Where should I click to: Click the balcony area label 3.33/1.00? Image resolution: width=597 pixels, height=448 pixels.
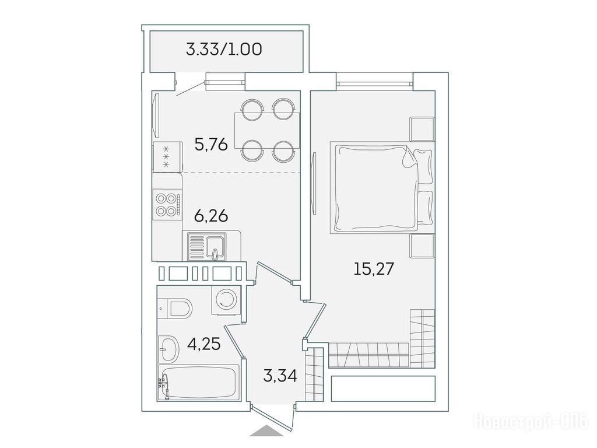click(x=224, y=49)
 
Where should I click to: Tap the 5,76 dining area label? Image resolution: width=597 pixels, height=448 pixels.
click(x=211, y=145)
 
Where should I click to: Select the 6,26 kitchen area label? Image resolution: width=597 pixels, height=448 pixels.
click(x=211, y=216)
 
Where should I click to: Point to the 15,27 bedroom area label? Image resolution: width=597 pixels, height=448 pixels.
click(x=374, y=269)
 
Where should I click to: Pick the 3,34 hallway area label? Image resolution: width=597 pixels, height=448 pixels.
click(x=280, y=376)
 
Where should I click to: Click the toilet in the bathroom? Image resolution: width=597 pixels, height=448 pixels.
click(x=177, y=308)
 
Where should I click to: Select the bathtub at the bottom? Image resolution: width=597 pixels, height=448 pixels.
click(x=199, y=382)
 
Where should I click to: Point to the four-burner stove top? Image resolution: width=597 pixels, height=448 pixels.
click(x=167, y=205)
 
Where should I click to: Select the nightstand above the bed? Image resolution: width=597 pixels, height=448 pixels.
click(x=422, y=129)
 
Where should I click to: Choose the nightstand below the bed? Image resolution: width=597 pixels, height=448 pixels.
click(x=422, y=246)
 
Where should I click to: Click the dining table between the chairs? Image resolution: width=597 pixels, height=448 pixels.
click(x=267, y=130)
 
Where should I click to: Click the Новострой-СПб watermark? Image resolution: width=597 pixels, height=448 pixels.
click(x=531, y=422)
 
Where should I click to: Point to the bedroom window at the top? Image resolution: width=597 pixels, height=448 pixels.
click(x=375, y=83)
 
